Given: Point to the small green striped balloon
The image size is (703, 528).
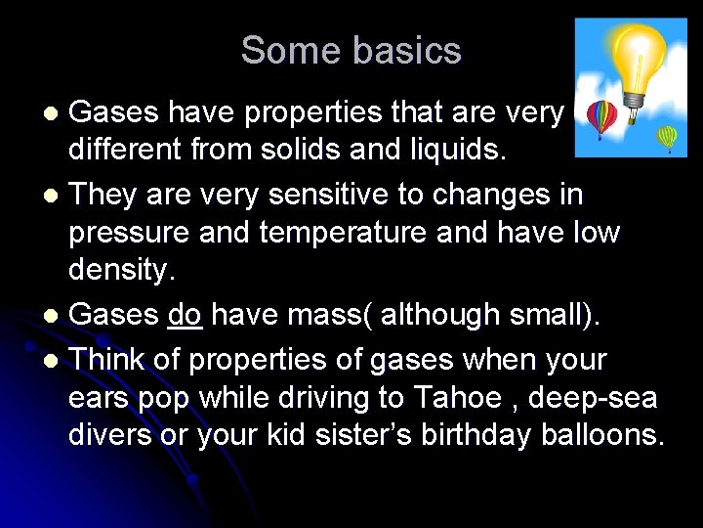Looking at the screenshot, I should point(667,138).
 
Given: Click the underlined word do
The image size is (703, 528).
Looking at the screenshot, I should point(185,315).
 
